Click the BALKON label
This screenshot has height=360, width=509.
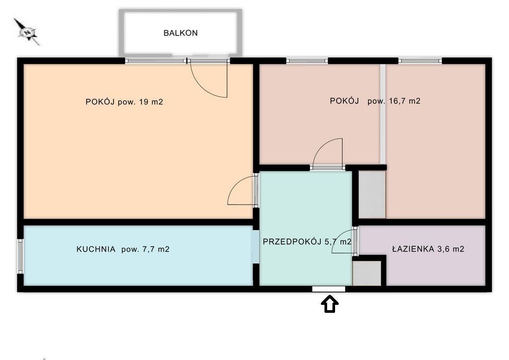point(180,33)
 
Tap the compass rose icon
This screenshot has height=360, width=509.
point(27,32)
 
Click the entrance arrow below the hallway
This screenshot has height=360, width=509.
point(329,304)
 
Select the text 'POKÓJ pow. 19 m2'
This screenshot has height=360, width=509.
point(124,102)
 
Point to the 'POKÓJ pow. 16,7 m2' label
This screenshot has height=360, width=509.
point(375,101)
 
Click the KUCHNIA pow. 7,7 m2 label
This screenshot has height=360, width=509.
point(122,249)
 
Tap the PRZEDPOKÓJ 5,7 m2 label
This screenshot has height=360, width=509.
point(307,242)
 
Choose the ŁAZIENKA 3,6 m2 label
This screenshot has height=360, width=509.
point(428,249)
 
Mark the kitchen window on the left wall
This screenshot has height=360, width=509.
point(21,256)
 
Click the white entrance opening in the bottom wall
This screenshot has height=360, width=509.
point(329,289)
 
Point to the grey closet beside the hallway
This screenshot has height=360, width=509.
point(372,195)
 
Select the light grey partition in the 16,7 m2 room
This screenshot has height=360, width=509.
point(383,114)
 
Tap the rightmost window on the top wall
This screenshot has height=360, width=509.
point(420,60)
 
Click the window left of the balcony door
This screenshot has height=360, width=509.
point(156,60)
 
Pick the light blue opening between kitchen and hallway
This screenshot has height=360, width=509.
point(256,247)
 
